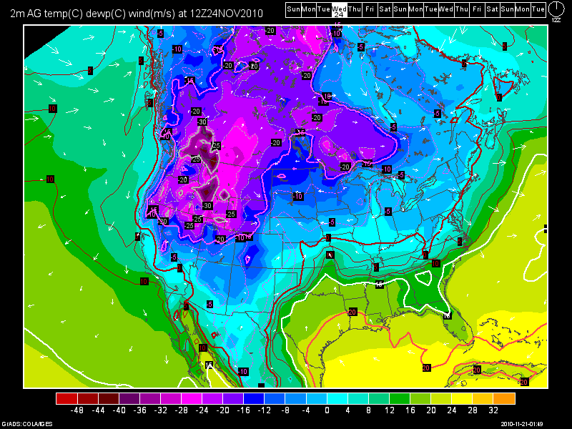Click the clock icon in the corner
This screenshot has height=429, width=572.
556,9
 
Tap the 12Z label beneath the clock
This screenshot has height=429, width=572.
556,20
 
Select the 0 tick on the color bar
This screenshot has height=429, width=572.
327,411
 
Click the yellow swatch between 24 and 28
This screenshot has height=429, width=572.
463,398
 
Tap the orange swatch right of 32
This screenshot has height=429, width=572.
505,398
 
